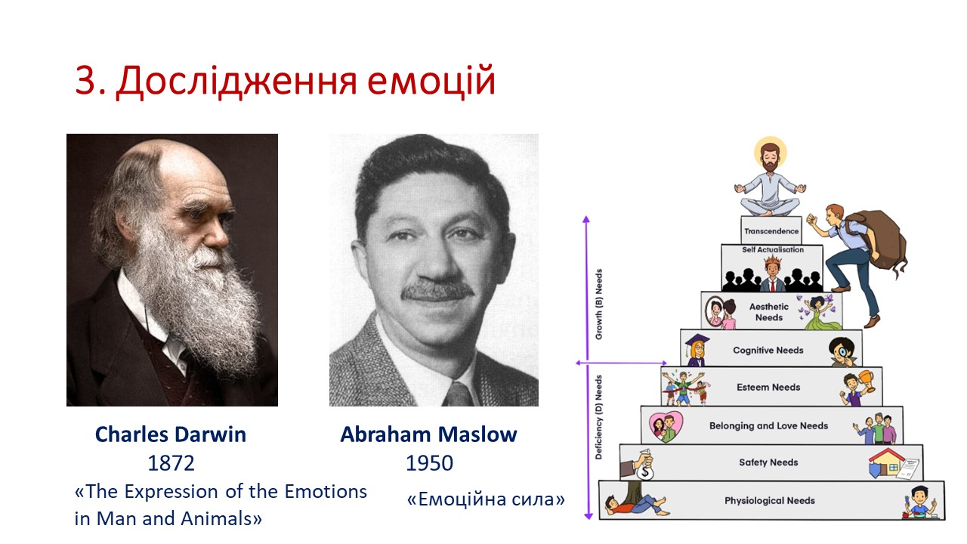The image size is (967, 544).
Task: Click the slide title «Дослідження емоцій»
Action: (x=286, y=80)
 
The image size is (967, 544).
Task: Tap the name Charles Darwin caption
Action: (x=171, y=434)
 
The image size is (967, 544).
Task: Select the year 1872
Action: (x=171, y=463)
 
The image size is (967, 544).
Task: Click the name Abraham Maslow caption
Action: (x=428, y=434)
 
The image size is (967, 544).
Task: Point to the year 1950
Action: (x=429, y=463)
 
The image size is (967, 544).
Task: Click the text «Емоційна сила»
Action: (x=486, y=499)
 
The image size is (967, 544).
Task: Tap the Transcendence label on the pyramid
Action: (x=771, y=231)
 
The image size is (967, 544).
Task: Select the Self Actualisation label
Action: (x=773, y=249)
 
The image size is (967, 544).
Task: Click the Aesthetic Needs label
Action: (x=769, y=312)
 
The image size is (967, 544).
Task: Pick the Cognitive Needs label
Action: (x=768, y=350)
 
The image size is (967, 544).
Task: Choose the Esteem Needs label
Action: (x=768, y=388)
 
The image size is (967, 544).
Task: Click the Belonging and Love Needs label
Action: (x=769, y=425)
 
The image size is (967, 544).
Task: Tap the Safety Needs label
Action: (x=768, y=462)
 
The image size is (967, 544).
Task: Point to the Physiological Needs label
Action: (x=770, y=500)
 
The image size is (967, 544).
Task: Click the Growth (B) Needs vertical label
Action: (x=599, y=304)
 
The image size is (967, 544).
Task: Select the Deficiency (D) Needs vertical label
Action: (x=599, y=417)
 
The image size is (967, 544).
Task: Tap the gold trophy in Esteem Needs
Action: (x=867, y=380)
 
